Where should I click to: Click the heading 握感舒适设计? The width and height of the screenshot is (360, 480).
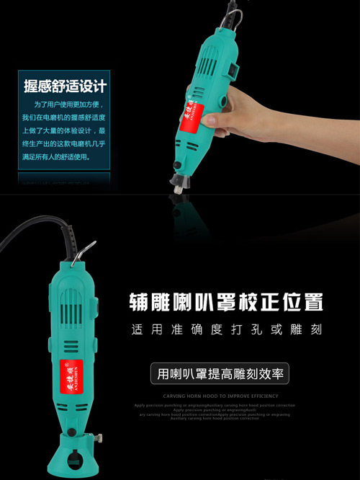(x=65, y=86)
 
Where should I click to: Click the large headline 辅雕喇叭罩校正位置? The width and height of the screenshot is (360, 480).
(x=225, y=301)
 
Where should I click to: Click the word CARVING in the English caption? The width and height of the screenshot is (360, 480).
(x=176, y=396)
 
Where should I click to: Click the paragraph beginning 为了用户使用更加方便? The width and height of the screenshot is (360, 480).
(x=63, y=130)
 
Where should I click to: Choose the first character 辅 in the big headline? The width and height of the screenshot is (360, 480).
(x=139, y=301)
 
